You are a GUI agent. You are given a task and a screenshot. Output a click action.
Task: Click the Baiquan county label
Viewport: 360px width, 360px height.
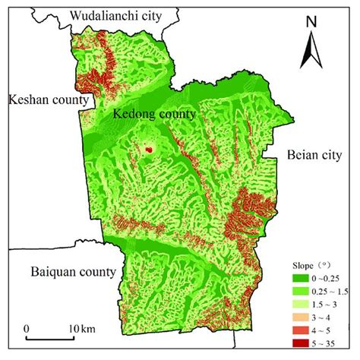click(x=72, y=271)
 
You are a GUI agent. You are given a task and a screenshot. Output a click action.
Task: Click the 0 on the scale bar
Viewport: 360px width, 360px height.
click(x=27, y=327)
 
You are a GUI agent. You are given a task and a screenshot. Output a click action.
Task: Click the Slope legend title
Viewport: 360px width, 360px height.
click(x=308, y=266)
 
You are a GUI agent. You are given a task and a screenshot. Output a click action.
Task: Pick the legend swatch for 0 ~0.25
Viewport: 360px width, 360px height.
click(x=298, y=279)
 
